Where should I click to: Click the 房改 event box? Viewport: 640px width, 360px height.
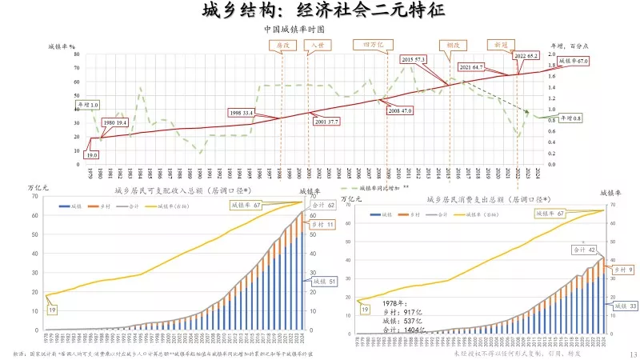[x=282, y=45]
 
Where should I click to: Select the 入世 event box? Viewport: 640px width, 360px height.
[x=318, y=45]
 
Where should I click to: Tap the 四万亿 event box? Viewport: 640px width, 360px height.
[x=374, y=45]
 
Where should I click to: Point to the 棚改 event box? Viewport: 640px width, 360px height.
[x=454, y=45]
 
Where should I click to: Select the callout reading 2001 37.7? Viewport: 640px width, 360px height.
[x=327, y=122]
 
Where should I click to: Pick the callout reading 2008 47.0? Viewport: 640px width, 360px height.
[x=399, y=110]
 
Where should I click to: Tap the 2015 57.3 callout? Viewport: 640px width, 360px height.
[x=414, y=59]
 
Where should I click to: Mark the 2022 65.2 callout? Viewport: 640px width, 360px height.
[x=526, y=55]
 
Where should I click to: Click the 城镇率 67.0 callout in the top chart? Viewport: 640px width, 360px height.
[x=572, y=61]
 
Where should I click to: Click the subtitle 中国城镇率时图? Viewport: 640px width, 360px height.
[x=294, y=28]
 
